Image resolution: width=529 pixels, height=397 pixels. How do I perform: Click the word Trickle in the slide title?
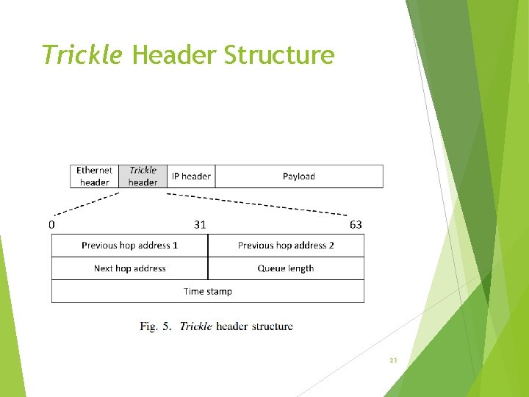click(x=82, y=54)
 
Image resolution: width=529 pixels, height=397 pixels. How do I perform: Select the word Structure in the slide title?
click(x=278, y=54)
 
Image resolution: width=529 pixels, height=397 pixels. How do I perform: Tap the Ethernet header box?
click(x=94, y=176)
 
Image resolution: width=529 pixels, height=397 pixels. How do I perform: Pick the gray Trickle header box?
click(x=143, y=176)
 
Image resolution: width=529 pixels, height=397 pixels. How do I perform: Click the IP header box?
click(x=191, y=176)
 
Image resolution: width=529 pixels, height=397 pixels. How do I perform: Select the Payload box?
click(x=298, y=176)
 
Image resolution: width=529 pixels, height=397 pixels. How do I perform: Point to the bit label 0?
click(x=52, y=224)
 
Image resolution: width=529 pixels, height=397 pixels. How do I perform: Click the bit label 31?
click(x=200, y=224)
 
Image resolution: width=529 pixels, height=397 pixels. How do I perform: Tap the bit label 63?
click(x=356, y=224)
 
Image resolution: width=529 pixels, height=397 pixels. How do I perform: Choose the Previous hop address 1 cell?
click(x=130, y=246)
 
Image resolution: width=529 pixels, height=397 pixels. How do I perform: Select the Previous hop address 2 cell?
click(x=286, y=246)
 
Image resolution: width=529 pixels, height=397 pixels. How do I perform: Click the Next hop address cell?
click(x=130, y=268)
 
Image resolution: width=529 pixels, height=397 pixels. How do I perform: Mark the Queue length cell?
click(x=286, y=268)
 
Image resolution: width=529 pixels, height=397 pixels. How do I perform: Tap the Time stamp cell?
click(x=208, y=291)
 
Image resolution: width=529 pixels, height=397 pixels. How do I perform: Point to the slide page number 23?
click(x=393, y=360)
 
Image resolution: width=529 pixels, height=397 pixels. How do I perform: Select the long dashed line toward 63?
click(x=257, y=204)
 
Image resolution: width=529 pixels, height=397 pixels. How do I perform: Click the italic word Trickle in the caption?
click(x=195, y=326)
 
